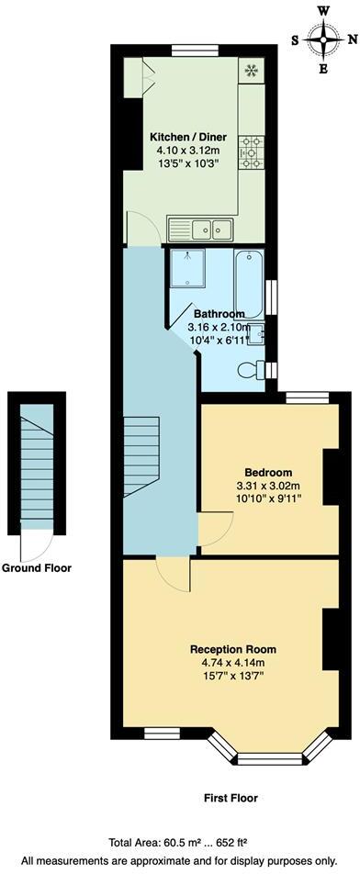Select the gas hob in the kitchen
(x=251, y=147)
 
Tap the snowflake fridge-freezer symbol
(x=250, y=70)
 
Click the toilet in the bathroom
(x=251, y=370)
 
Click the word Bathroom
(x=217, y=314)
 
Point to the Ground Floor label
(x=37, y=567)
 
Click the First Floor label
(x=231, y=798)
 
